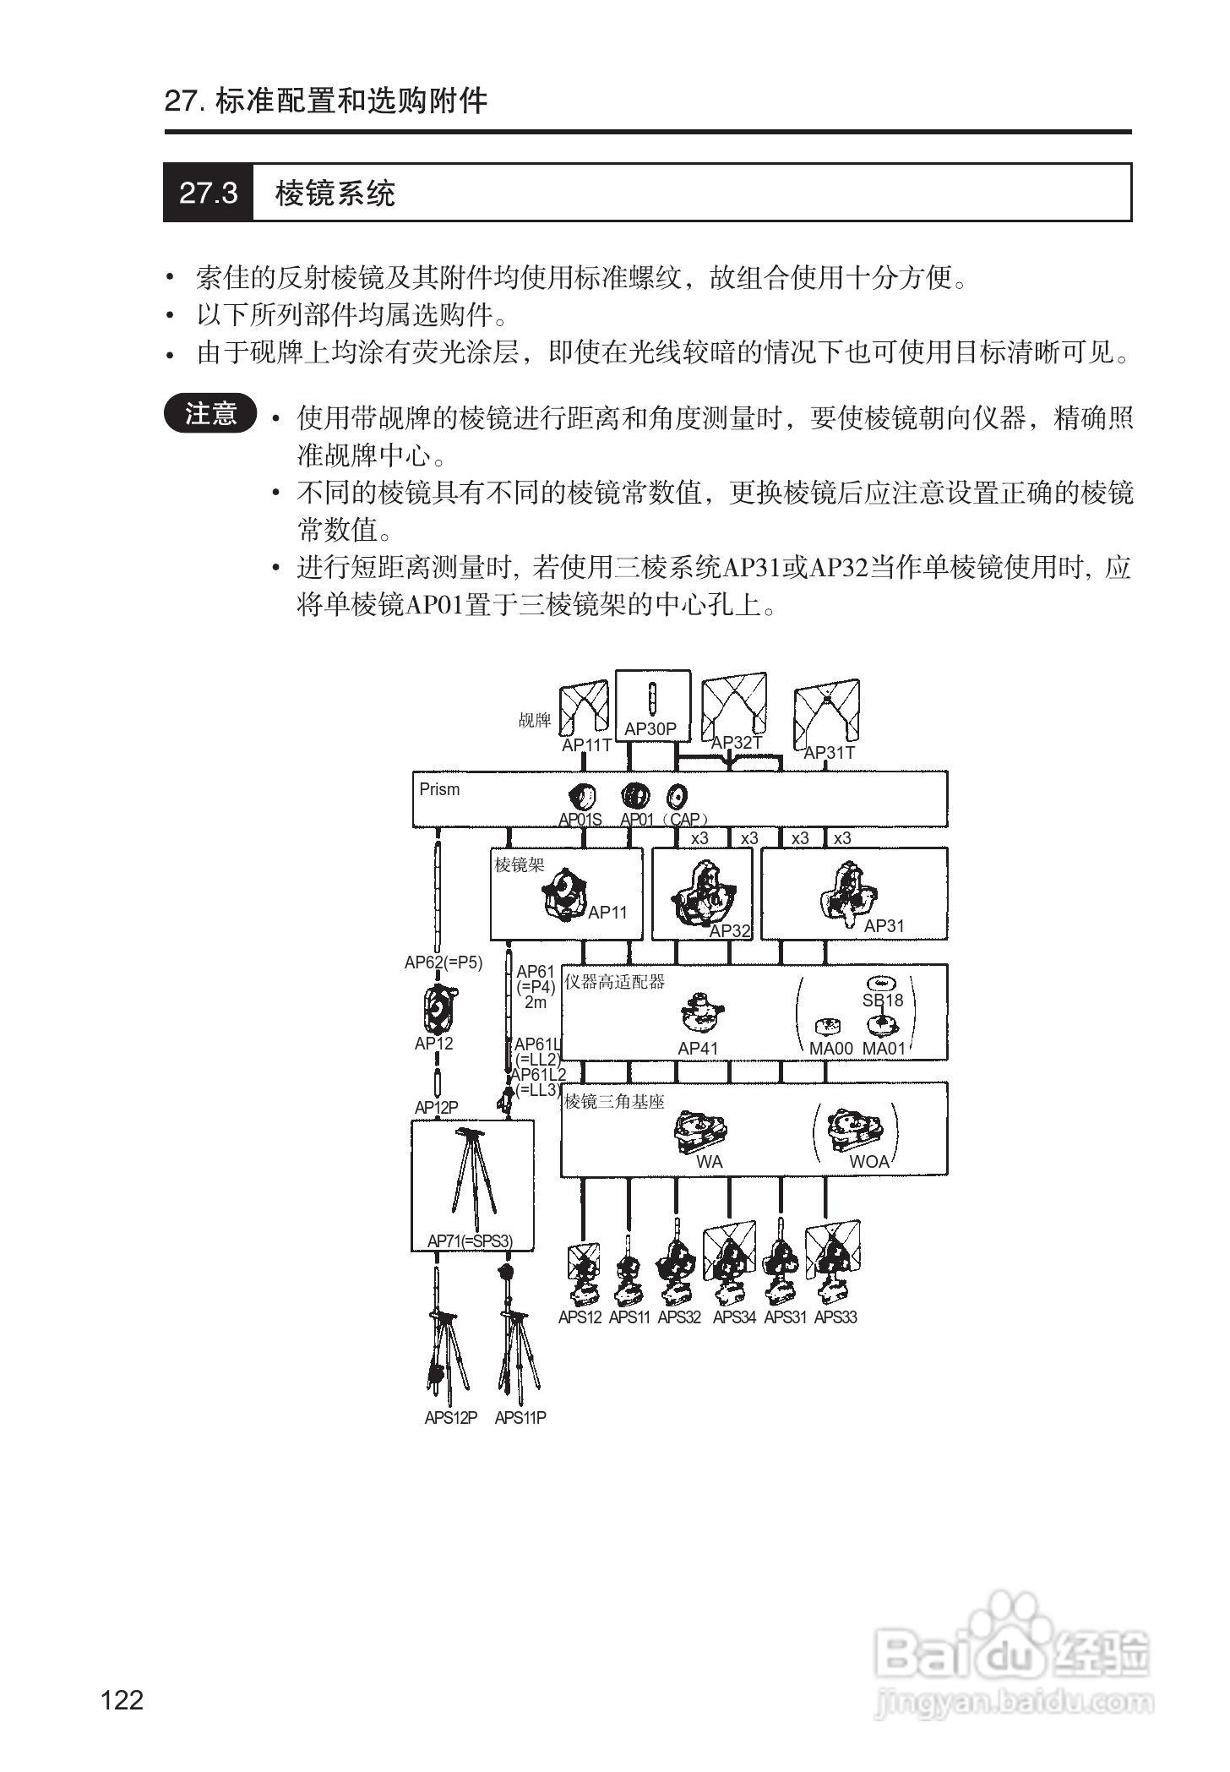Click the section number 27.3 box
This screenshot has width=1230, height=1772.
(208, 193)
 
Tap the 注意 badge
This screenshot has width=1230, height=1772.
(210, 413)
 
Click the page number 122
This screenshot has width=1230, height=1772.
(122, 1698)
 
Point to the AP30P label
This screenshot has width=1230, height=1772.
(650, 728)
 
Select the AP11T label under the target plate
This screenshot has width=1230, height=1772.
(586, 745)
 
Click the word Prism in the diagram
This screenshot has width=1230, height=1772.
(439, 789)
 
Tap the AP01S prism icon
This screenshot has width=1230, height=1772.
(582, 796)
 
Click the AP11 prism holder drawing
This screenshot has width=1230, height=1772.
(563, 894)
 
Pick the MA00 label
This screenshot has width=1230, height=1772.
(831, 1049)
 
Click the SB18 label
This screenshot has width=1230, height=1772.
(883, 1000)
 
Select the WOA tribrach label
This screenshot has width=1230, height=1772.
(868, 1162)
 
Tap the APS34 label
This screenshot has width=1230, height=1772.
(734, 1317)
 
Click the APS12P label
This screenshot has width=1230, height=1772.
(451, 1418)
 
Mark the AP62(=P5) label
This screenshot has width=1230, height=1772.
(444, 962)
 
